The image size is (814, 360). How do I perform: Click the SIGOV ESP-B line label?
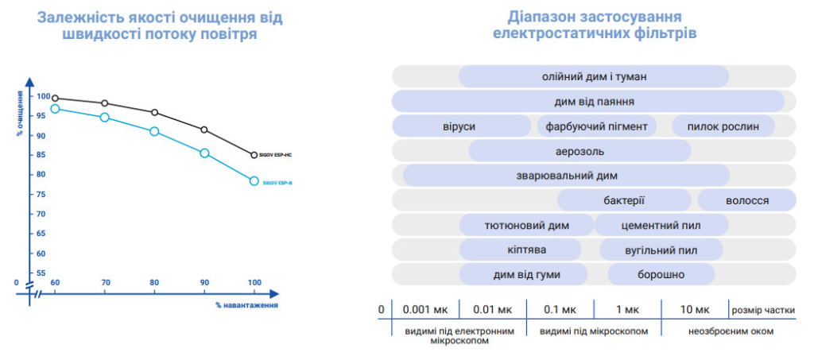click(x=277, y=183)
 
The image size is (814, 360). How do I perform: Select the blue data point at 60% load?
click(x=55, y=109)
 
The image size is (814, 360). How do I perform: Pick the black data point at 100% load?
click(x=254, y=155)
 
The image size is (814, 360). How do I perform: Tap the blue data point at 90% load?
click(x=204, y=153)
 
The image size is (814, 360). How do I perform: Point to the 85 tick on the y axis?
click(x=43, y=155)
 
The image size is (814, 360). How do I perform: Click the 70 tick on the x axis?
click(x=104, y=283)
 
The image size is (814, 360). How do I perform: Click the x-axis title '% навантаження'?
click(x=246, y=304)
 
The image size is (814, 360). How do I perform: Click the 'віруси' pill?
click(x=461, y=126)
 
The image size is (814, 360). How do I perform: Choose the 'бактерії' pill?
click(x=624, y=200)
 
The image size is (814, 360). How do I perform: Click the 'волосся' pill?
click(x=746, y=200)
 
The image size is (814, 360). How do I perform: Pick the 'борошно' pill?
click(x=661, y=275)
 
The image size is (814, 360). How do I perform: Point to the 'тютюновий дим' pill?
click(x=526, y=225)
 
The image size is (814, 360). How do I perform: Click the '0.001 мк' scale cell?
click(x=426, y=310)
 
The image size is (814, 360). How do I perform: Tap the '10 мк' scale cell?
click(x=696, y=310)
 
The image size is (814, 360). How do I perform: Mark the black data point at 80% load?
click(x=154, y=113)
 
